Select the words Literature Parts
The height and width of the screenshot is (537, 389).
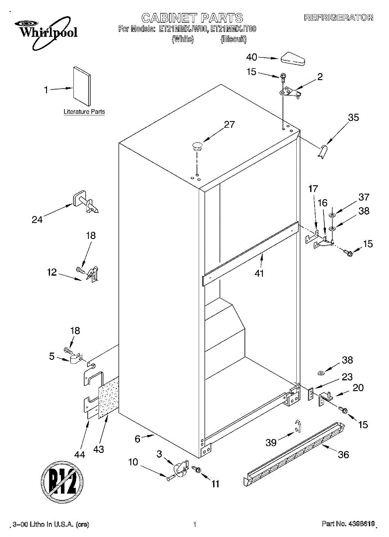pos(84,111)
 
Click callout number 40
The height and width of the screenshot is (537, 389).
pos(252,57)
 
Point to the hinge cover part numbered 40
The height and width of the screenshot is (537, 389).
pos(293,59)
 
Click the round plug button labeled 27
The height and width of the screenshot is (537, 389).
pos(197,144)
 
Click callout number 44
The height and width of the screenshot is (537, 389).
pos(79,454)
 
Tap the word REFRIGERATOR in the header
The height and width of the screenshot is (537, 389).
pos(338,18)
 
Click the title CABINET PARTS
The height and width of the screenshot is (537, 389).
pos(192,18)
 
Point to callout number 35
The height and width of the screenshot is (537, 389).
pos(354,118)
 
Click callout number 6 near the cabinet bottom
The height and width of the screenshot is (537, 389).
pos(137,439)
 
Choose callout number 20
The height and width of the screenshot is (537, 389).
pos(358,388)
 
